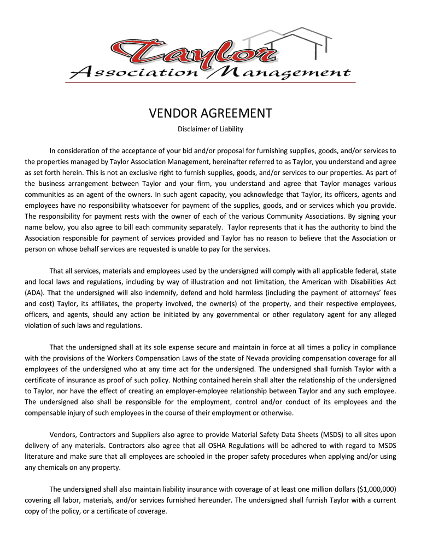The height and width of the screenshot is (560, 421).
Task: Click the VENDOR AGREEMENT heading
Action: tap(210, 113)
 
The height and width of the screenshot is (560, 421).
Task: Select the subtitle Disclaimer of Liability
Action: tap(210, 130)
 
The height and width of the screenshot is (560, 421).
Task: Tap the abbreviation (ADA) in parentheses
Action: tap(36, 292)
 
